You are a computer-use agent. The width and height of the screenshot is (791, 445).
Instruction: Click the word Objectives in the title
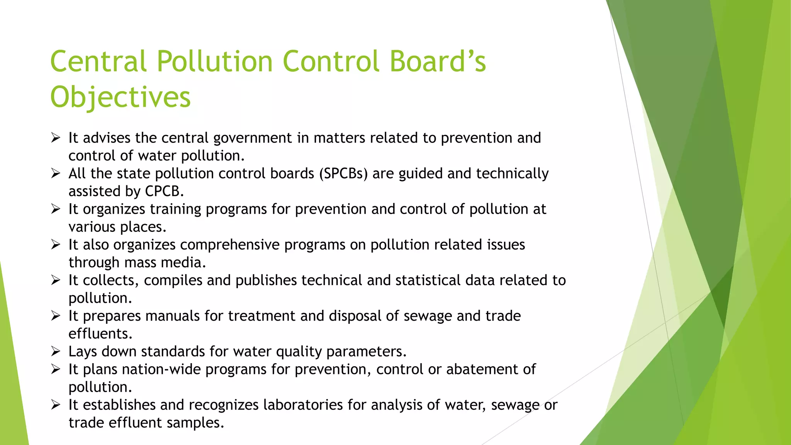click(x=121, y=97)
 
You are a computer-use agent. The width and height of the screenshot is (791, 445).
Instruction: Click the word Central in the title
click(x=98, y=62)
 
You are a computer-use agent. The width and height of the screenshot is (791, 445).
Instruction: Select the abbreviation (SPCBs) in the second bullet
click(x=343, y=174)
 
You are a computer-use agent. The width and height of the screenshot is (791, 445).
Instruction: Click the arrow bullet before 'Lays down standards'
click(x=56, y=352)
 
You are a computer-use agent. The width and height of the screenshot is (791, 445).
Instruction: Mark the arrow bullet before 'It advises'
click(x=56, y=138)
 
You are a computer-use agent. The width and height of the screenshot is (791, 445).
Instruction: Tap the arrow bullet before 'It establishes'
click(x=56, y=405)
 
